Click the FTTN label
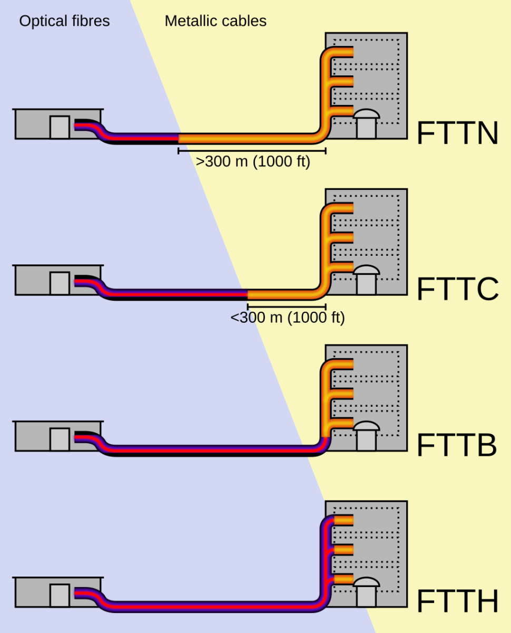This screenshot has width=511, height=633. click(457, 133)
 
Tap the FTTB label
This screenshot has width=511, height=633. click(456, 446)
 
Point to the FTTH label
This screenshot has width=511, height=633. click(457, 602)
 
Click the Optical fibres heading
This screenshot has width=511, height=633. click(65, 21)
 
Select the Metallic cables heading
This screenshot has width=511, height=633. click(215, 21)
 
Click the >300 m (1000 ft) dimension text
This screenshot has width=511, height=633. click(253, 162)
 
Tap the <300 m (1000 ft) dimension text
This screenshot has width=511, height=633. click(288, 318)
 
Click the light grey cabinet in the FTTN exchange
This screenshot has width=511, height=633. click(60, 127)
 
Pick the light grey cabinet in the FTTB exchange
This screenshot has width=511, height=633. click(60, 439)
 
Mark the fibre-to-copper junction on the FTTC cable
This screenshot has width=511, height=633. click(248, 295)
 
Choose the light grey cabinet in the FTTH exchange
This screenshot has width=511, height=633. click(60, 596)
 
